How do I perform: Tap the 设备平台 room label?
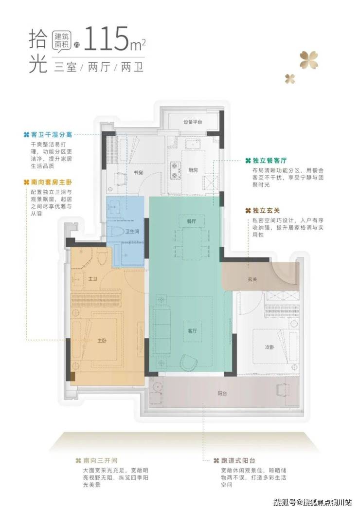pyautogui.click(x=193, y=122)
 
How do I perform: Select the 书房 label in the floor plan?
pyautogui.click(x=138, y=172)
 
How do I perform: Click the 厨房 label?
pyautogui.click(x=193, y=170)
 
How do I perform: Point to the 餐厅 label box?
pyautogui.click(x=192, y=221)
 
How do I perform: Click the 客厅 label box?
pyautogui.click(x=192, y=331)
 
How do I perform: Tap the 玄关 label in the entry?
pyautogui.click(x=252, y=279)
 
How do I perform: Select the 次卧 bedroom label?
pyautogui.click(x=269, y=347)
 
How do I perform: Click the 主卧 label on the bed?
pyautogui.click(x=102, y=341)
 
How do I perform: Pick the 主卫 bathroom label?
pyautogui.click(x=93, y=279)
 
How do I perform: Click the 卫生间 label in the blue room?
pyautogui.click(x=132, y=231)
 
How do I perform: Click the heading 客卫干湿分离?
pyautogui.click(x=52, y=135)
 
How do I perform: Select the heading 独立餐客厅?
pyautogui.click(x=270, y=161)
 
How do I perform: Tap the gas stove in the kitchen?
pyautogui.click(x=176, y=171)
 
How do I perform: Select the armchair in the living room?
pyautogui.click(x=189, y=362)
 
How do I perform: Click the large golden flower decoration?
pyautogui.click(x=308, y=60)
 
